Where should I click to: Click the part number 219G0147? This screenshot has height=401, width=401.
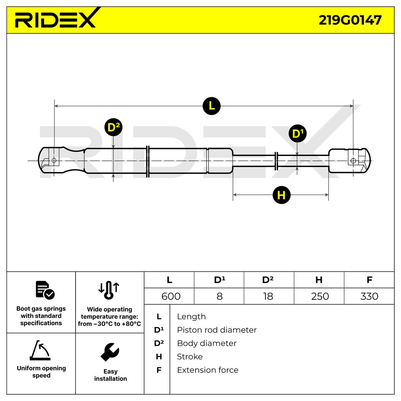tap(350, 20)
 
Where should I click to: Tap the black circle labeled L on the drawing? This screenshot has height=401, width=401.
tap(212, 106)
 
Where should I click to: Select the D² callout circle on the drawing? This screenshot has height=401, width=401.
tap(113, 127)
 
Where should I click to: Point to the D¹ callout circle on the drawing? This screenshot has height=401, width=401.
tap(298, 133)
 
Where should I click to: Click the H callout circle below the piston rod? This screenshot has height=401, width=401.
tap(281, 195)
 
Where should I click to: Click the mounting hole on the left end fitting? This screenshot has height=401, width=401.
tap(54, 160)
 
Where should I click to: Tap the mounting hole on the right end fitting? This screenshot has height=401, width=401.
tap(353, 161)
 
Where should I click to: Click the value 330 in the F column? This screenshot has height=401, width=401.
tap(369, 296)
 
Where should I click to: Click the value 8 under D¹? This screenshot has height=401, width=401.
tap(220, 296)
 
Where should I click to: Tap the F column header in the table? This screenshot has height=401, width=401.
tap(369, 280)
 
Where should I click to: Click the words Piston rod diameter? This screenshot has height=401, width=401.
tap(217, 330)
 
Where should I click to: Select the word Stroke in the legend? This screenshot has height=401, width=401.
tap(189, 357)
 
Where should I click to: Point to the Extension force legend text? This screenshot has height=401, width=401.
tap(208, 370)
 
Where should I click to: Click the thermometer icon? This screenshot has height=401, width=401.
tap(109, 290)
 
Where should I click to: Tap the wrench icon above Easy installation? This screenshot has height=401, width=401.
tap(110, 352)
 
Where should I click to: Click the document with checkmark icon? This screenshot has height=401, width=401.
tap(45, 290)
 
